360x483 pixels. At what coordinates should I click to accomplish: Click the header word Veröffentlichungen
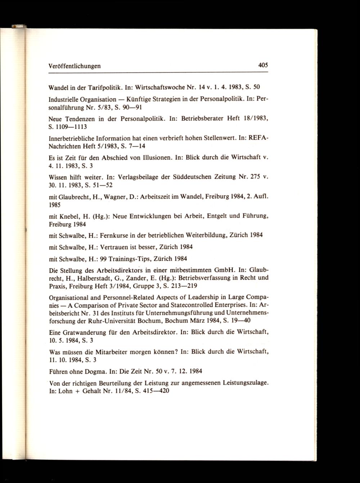coord(75,66)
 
